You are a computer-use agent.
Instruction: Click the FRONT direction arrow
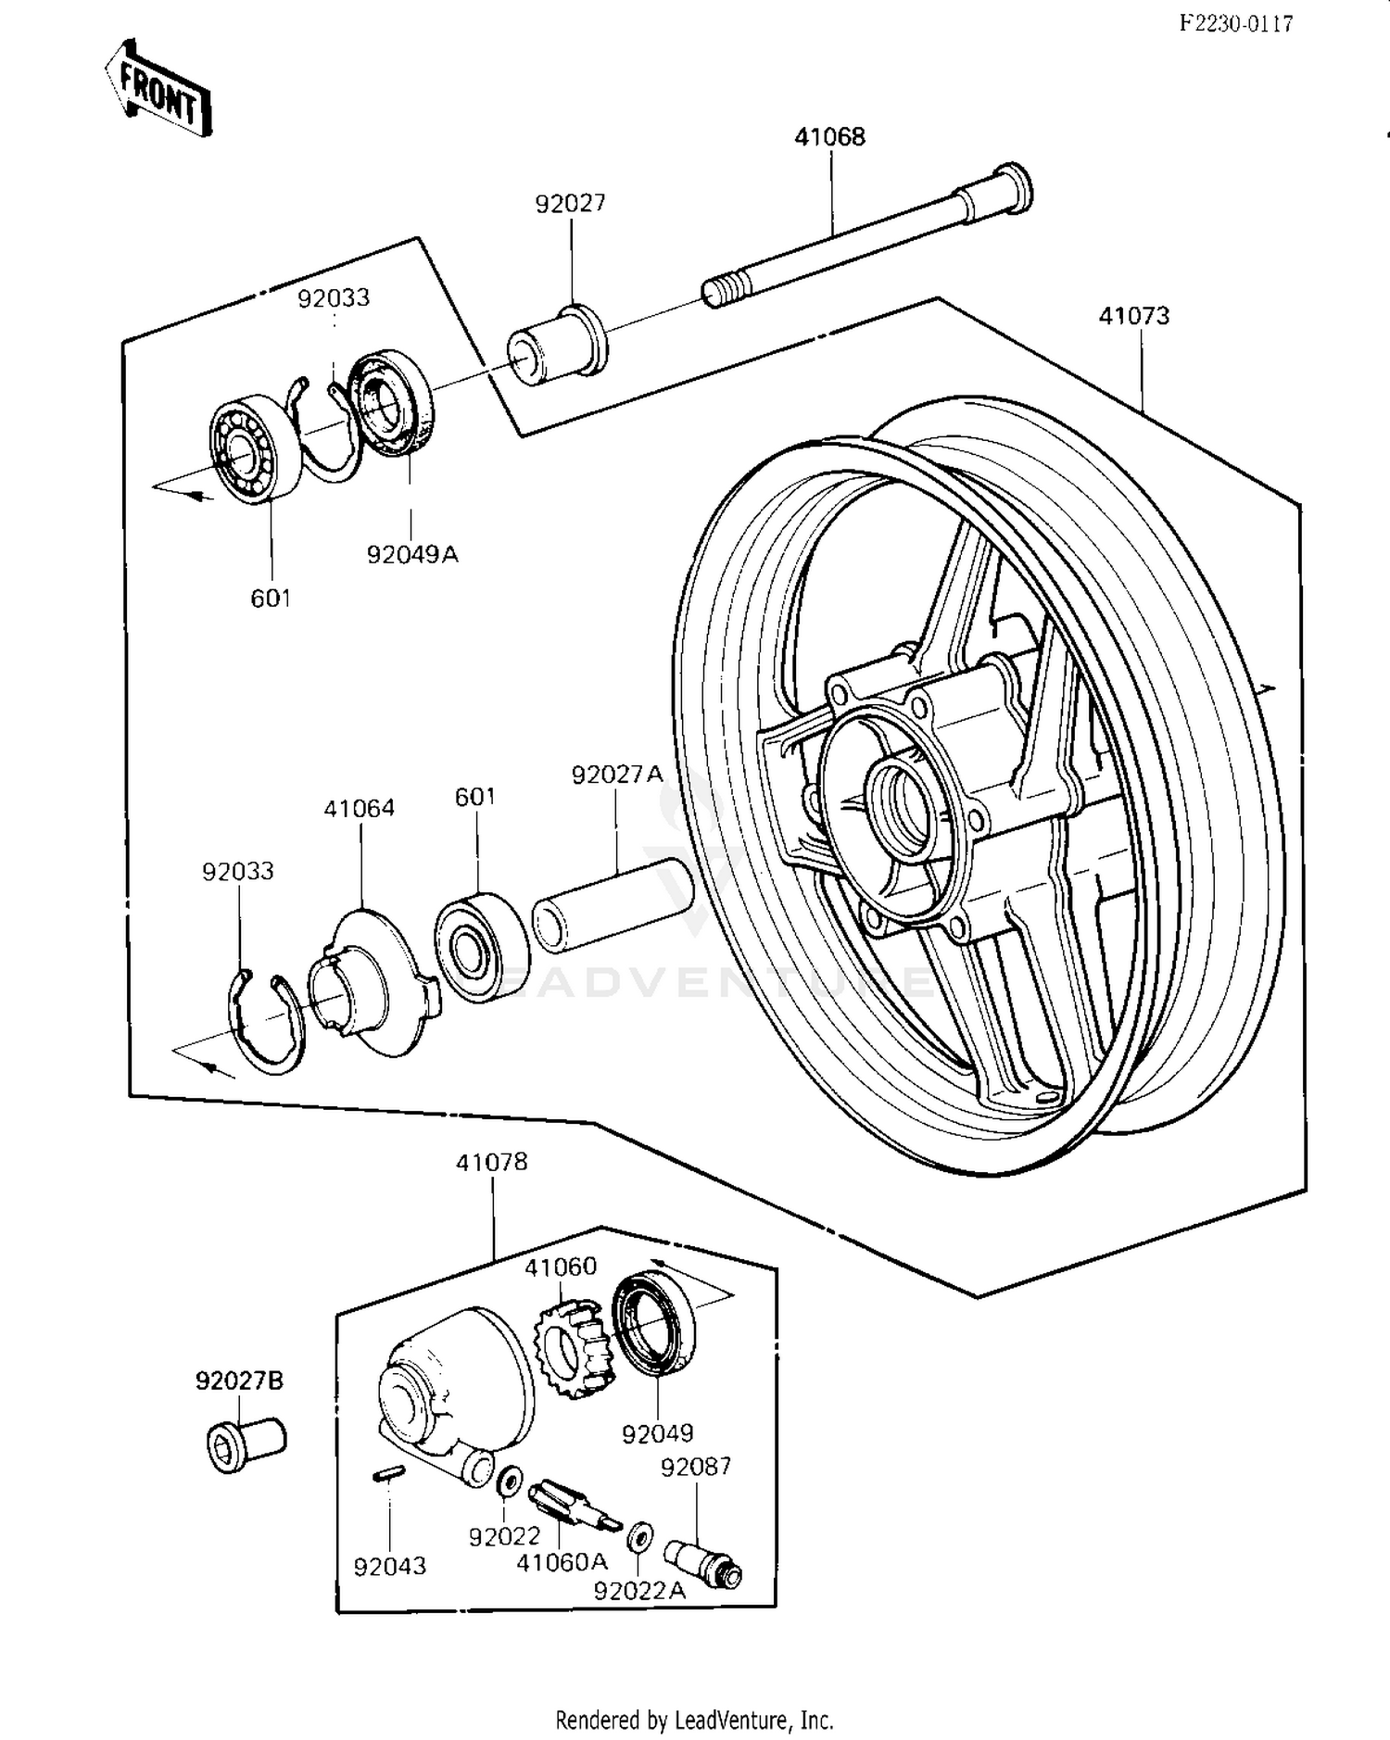tap(158, 90)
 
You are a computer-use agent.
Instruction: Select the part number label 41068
tap(829, 137)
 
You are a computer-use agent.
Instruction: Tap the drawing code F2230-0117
tap(1236, 24)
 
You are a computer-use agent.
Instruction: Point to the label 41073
tap(1133, 316)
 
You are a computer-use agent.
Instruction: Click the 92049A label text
tap(412, 555)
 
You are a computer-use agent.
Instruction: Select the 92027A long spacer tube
tap(613, 904)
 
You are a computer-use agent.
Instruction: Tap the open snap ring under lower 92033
tap(264, 1019)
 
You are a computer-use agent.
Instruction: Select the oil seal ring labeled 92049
tap(656, 1324)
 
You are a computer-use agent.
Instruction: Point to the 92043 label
tap(390, 1566)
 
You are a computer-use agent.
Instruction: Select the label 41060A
tap(562, 1562)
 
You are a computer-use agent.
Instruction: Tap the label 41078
tap(491, 1162)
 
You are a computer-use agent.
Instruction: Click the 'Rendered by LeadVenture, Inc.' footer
tap(694, 1721)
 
